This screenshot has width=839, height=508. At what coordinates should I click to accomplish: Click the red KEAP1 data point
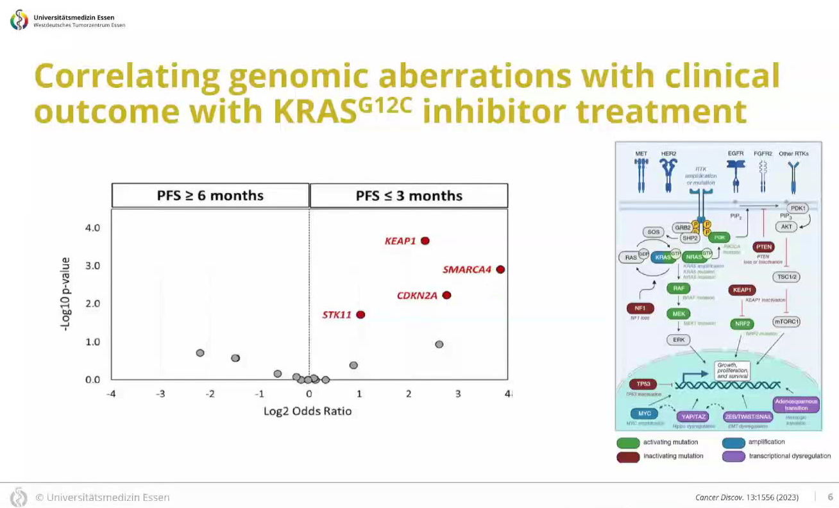click(425, 241)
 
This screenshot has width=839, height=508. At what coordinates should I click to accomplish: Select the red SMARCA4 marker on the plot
click(500, 269)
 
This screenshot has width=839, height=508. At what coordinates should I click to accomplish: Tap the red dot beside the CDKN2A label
click(446, 295)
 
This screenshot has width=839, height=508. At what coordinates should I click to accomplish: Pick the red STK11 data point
click(360, 314)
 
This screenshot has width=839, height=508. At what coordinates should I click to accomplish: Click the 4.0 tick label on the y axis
click(92, 228)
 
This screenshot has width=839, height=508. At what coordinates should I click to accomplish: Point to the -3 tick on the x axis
click(160, 393)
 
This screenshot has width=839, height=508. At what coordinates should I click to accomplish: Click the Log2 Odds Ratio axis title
click(308, 411)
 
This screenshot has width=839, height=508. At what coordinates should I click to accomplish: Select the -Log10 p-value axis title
click(65, 293)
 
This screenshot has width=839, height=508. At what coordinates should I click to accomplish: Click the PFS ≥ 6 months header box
click(210, 196)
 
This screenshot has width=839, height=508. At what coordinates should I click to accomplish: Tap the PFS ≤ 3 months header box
click(409, 196)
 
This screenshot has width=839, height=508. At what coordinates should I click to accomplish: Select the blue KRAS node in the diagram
click(663, 257)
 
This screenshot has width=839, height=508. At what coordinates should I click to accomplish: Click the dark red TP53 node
click(643, 384)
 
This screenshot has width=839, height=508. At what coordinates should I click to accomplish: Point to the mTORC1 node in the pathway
click(786, 321)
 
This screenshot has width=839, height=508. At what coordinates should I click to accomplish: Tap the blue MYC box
click(645, 414)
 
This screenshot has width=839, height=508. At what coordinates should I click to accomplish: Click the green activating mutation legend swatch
click(628, 443)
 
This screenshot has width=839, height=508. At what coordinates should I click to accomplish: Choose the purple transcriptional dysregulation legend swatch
click(733, 457)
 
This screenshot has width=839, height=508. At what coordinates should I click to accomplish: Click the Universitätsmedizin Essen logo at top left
click(19, 20)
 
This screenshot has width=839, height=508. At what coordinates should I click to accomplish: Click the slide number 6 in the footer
click(830, 497)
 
